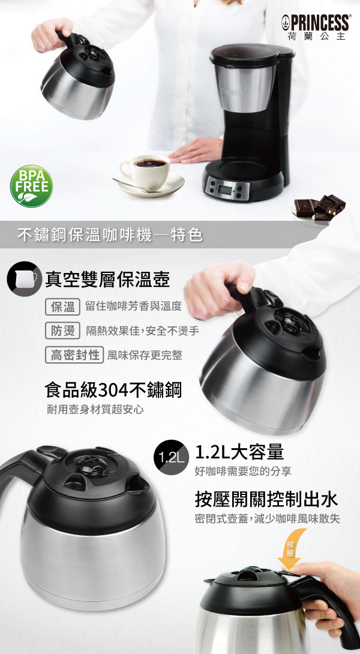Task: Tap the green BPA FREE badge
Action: pyautogui.click(x=31, y=186)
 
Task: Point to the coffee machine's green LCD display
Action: pyautogui.click(x=226, y=190)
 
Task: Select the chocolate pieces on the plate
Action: pyautogui.click(x=320, y=206)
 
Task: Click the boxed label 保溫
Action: pyautogui.click(x=62, y=307)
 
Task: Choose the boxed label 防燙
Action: pyautogui.click(x=62, y=331)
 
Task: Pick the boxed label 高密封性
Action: pyautogui.click(x=74, y=355)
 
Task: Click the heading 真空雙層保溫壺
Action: pyautogui.click(x=107, y=280)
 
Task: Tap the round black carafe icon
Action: pyautogui.click(x=24, y=279)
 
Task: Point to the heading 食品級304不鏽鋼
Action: pyautogui.click(x=113, y=390)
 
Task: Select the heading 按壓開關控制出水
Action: pyautogui.click(x=266, y=499)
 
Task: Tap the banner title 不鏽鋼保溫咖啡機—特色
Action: pyautogui.click(x=110, y=235)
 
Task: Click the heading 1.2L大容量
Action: pyautogui.click(x=239, y=451)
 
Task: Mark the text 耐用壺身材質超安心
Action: pyautogui.click(x=95, y=410)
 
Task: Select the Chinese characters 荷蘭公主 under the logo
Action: pyautogui.click(x=317, y=37)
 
